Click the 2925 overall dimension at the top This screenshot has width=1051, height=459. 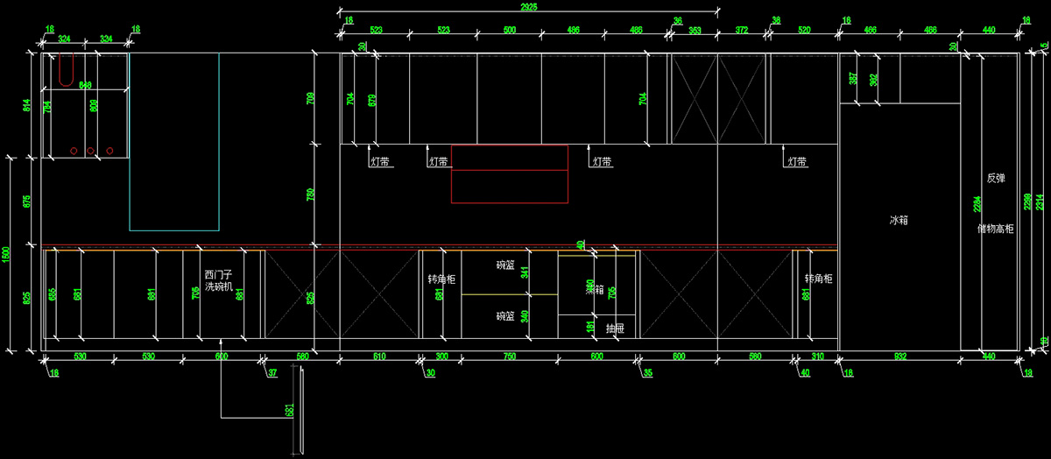527,6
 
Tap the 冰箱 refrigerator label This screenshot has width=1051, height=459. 899,221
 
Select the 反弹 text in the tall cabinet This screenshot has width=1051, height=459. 996,179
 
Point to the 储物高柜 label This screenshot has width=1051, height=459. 996,229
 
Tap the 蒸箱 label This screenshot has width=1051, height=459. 596,289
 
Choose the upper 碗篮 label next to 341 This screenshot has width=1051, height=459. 505,265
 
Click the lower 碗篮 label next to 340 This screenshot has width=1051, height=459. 505,316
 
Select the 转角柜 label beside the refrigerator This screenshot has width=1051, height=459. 819,279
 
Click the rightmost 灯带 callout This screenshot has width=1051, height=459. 797,162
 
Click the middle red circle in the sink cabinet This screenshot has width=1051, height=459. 91,152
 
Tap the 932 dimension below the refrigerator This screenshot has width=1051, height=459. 899,357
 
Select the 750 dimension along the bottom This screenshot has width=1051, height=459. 508,357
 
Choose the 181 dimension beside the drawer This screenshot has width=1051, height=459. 590,327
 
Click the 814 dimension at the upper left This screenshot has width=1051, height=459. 26,106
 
